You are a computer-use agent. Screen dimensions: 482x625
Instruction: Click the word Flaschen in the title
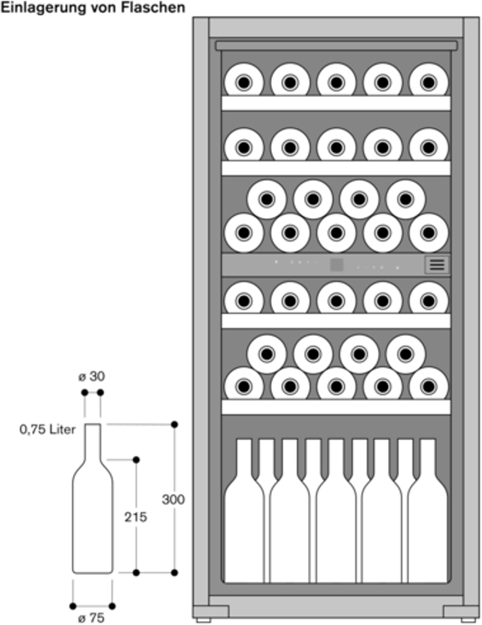[153, 8]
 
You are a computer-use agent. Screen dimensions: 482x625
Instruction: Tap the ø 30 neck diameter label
[92, 377]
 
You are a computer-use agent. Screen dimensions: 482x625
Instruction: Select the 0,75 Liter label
[47, 430]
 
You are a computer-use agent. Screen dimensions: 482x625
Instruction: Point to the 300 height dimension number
[173, 500]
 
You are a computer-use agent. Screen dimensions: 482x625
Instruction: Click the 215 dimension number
[135, 517]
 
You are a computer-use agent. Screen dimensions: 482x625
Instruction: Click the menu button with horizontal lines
[437, 265]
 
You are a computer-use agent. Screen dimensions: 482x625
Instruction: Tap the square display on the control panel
[337, 265]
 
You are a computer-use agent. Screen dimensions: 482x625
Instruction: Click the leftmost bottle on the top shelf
[244, 80]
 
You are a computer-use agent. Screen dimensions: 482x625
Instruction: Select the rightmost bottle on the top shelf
[429, 80]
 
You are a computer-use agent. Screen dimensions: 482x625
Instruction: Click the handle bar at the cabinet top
[336, 46]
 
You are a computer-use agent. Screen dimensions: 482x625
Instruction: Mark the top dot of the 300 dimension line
[174, 424]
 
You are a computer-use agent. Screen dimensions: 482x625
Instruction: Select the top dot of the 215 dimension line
[136, 460]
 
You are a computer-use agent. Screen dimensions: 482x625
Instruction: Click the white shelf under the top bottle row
[336, 103]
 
